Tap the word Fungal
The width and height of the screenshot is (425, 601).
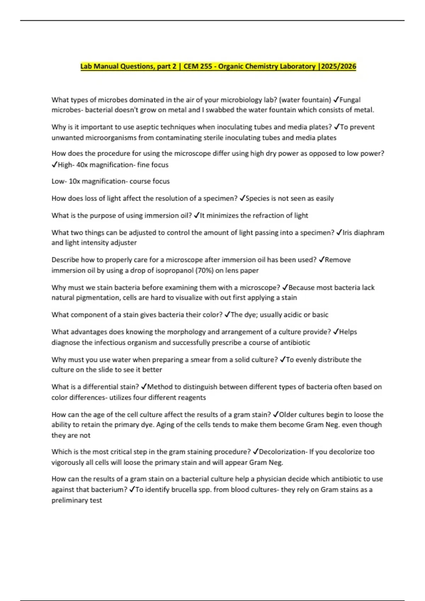pos(350,100)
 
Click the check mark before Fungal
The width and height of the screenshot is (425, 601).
pos(336,100)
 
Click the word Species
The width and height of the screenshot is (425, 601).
pos(257,198)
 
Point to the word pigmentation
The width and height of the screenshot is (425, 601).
pos(97,298)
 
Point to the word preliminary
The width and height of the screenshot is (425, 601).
pos(76,500)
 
